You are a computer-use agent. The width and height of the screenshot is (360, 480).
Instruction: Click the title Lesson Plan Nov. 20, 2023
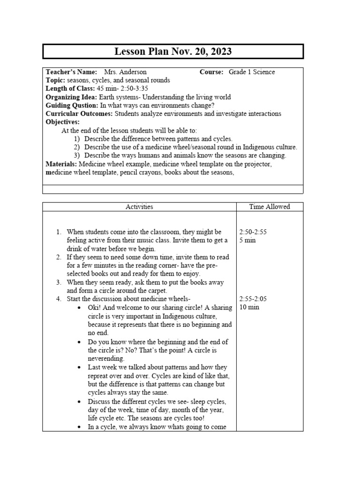tap(173, 52)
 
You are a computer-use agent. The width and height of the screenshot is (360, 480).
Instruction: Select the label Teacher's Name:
tap(71, 72)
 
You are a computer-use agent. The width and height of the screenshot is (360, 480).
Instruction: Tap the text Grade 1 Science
tap(252, 72)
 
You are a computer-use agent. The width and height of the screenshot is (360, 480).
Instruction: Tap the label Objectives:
tap(63, 122)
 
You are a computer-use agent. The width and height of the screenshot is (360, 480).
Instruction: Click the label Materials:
tap(61, 164)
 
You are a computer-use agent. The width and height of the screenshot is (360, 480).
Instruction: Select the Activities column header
tap(139, 207)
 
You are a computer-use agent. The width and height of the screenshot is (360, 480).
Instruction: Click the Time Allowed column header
tap(270, 207)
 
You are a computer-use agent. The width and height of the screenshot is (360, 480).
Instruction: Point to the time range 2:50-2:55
tap(253, 232)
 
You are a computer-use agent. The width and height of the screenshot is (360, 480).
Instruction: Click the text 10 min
tap(248, 307)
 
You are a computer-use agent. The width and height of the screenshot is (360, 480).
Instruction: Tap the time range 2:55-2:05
tap(253, 299)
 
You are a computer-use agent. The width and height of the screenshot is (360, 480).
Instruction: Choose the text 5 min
tap(247, 240)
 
